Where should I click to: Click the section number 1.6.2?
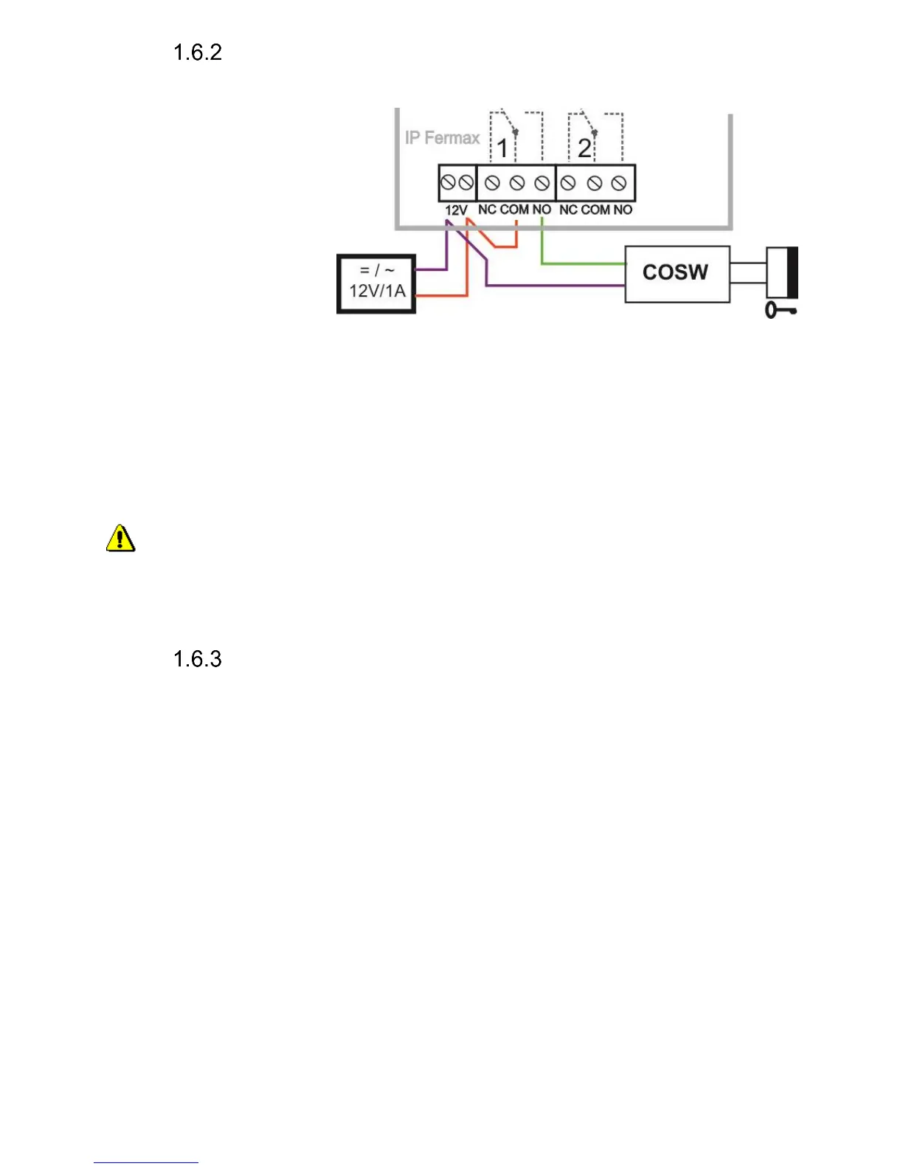coord(197,52)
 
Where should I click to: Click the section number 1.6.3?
coord(197,659)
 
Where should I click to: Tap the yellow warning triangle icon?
coord(120,539)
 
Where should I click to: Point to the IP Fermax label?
coord(442,138)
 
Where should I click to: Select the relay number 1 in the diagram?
coord(502,148)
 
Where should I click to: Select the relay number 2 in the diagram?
coord(584,148)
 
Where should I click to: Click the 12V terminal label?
coord(456,210)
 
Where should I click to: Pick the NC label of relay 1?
coord(487,210)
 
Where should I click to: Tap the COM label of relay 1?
coord(514,210)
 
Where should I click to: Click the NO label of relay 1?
coord(542,210)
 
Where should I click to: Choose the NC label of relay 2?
coord(568,210)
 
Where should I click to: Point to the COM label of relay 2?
coord(595,210)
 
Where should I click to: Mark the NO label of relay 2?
coord(623,210)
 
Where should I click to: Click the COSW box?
coord(677,274)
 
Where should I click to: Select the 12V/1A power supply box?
coord(376,283)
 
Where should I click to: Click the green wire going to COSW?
coord(583,263)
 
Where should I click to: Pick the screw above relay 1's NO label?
coord(542,183)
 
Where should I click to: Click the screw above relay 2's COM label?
coord(595,183)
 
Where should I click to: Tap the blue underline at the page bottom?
coord(146,1162)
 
